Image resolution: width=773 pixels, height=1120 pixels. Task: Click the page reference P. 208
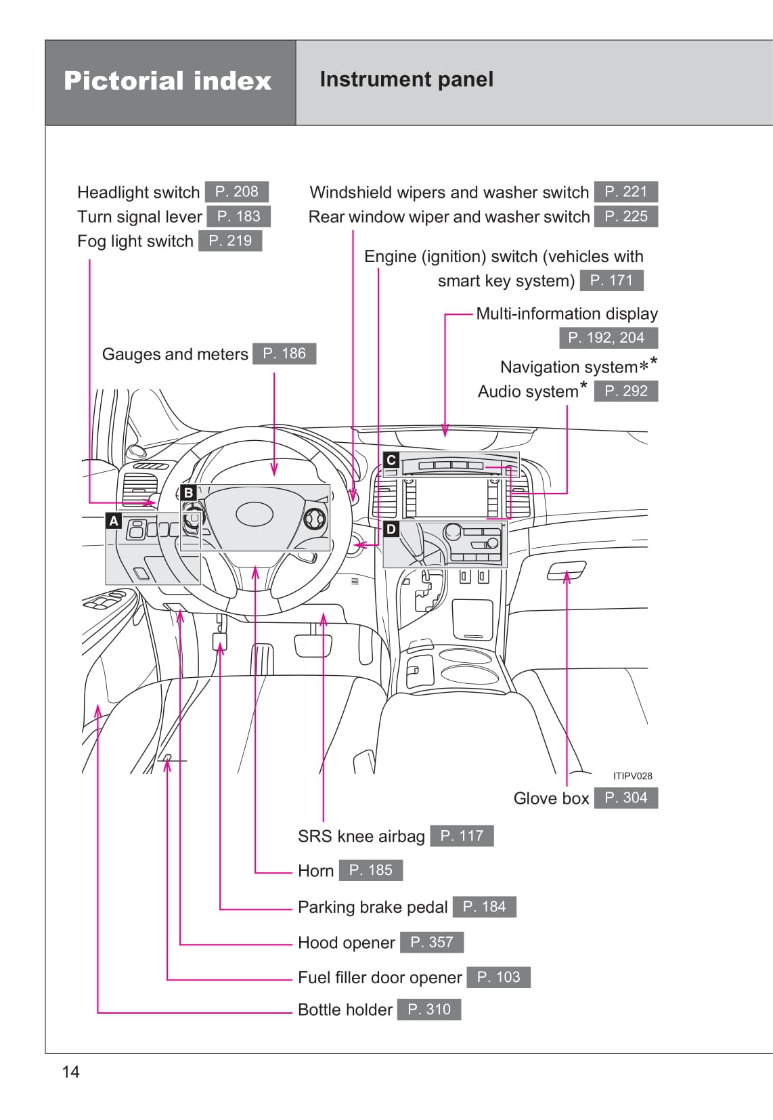coord(236,192)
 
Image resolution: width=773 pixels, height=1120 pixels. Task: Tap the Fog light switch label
coord(135,241)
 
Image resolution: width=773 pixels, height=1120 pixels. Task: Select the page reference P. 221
coord(625,192)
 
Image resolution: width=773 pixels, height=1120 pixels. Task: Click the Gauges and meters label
coord(175,354)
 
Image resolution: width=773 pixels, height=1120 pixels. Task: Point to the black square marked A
coord(114,521)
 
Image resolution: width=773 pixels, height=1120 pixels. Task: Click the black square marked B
coord(189,492)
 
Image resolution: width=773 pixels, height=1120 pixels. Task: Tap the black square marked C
coord(391,460)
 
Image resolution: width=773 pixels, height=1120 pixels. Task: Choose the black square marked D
coord(391,529)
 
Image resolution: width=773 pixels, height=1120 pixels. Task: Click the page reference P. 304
coord(625,798)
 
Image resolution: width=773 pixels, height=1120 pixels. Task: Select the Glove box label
coord(551,798)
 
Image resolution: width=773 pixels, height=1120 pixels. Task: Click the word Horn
coord(315,871)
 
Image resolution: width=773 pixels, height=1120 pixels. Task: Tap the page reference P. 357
coord(431,942)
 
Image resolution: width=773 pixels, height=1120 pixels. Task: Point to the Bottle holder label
coord(345,1010)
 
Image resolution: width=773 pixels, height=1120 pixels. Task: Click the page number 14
coord(70,1071)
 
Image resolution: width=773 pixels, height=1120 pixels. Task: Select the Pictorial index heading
coord(167,81)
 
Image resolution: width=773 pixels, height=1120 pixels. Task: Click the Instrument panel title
coord(406,79)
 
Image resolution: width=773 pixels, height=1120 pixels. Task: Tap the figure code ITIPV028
coord(632,776)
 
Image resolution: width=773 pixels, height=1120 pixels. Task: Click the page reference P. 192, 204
coord(608,337)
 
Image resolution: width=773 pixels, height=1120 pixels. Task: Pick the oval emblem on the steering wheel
coord(255,515)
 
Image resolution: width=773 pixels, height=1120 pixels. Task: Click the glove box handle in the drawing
coord(566,572)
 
